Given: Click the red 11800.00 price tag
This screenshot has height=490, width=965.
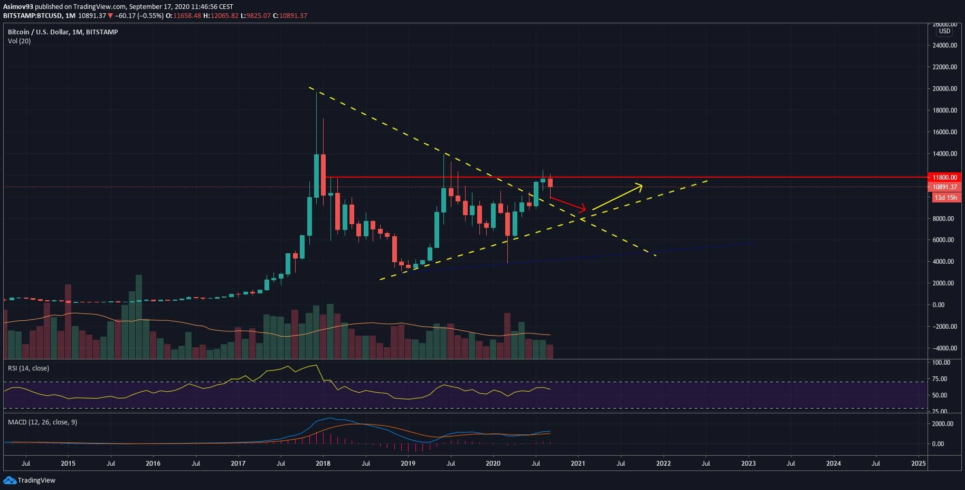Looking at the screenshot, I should [945, 178].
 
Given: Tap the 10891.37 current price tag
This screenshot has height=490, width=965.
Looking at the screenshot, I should [945, 187].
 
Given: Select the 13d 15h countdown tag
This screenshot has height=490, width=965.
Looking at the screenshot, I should [945, 198].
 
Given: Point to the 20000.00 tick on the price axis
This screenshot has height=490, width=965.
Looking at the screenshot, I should [944, 89].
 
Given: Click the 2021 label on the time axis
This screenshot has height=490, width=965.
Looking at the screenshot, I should [578, 464].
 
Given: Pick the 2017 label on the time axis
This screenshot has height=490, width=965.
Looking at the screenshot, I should [238, 464].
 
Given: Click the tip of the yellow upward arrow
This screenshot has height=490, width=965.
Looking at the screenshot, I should [642, 184].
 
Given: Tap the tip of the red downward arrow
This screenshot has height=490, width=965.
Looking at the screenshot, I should [585, 209].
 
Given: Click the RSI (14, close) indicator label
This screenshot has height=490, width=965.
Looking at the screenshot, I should [29, 368].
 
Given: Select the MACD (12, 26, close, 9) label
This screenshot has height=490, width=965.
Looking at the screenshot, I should [42, 422].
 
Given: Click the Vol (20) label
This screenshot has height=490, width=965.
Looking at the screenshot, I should [19, 41].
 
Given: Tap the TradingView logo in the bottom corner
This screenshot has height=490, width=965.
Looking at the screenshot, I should [30, 480].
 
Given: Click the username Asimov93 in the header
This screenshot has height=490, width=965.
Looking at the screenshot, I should [18, 6].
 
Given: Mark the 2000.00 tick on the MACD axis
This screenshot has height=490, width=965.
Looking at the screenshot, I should [942, 424].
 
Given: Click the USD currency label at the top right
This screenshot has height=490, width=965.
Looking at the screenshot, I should [944, 31].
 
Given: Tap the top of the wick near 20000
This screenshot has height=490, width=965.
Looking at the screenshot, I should [316, 93].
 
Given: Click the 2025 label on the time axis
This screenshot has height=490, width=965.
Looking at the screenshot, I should [919, 464].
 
